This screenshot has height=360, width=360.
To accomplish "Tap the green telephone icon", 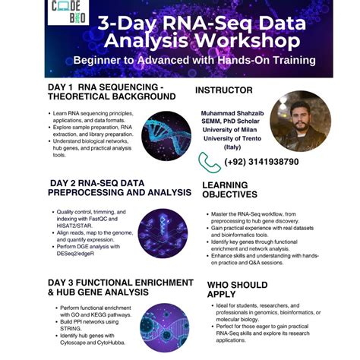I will (x=209, y=162).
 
